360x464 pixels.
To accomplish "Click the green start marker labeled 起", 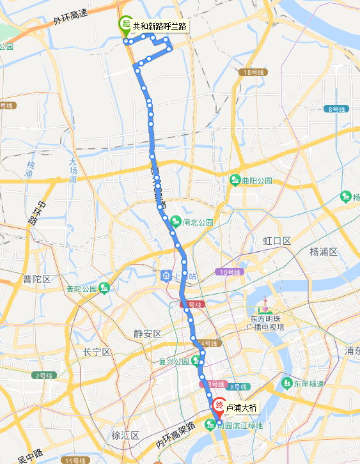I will (126, 25).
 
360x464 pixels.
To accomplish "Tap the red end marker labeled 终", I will (219, 405).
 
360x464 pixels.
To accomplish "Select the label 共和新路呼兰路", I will (160, 26).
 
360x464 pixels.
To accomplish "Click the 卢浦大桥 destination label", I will (242, 408).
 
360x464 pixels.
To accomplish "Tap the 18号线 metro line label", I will (254, 72).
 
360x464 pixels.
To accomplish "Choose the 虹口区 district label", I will (277, 241).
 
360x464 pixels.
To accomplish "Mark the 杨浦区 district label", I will (323, 251).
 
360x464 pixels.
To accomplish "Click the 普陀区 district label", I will (36, 279).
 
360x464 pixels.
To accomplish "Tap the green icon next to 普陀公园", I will (104, 288).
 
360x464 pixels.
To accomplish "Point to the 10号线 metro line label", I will (230, 272).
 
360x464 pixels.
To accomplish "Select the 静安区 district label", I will (148, 334).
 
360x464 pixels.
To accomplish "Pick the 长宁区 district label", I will (97, 353).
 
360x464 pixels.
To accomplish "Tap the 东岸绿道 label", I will (309, 384).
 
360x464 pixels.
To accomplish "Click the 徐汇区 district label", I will (125, 435).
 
